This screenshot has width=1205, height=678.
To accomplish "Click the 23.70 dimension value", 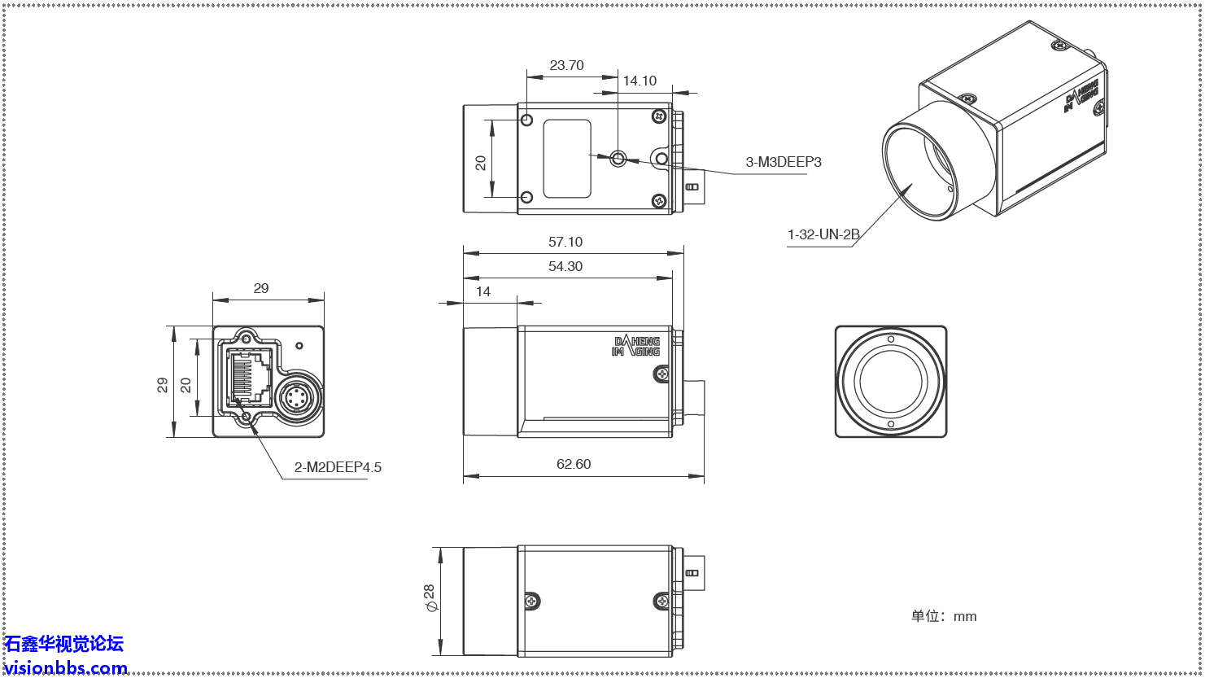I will (566, 65).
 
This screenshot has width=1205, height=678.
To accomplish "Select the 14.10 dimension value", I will (640, 81).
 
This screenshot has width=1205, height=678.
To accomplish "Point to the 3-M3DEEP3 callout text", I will (784, 162).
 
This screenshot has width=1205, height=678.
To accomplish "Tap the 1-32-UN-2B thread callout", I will (823, 235).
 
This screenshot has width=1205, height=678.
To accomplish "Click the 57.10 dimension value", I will (565, 242).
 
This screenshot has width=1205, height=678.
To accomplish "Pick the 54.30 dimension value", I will (565, 266).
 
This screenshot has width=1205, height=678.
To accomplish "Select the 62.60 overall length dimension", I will (574, 464).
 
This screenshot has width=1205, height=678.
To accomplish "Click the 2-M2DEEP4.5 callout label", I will (338, 467).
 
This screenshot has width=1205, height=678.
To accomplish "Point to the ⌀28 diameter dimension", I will (429, 599).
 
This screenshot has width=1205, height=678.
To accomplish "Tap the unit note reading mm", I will (944, 616).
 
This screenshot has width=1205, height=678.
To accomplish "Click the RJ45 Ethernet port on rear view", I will (251, 378).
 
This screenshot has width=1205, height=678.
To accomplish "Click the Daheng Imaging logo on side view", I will (635, 346).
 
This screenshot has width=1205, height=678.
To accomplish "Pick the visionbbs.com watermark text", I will (66, 668).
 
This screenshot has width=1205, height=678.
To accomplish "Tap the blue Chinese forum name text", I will (64, 644).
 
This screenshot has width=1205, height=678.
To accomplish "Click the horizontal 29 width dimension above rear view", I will (260, 288).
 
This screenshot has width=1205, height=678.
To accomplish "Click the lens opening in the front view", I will (891, 382).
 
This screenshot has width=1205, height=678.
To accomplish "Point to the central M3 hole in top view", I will (618, 158).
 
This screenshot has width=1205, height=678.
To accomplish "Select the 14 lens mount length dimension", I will (483, 291).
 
